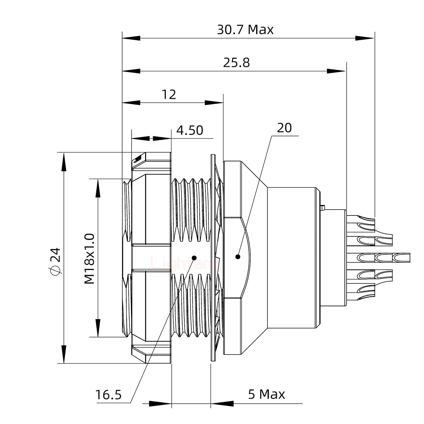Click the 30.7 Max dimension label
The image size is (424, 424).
[x=245, y=30]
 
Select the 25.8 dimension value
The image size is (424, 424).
[x=236, y=63]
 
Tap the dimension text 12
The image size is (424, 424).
[x=169, y=95]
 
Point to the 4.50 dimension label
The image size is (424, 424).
[x=190, y=130]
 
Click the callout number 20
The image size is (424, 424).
[x=284, y=128]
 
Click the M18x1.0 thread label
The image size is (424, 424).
[x=90, y=259]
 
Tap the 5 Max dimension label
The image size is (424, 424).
[x=266, y=394]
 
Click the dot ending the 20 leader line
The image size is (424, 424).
[x=238, y=257]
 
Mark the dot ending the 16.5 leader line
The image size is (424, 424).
[x=194, y=258]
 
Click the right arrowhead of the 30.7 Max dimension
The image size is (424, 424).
[x=365, y=38]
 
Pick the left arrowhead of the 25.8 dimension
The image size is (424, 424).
[x=131, y=71]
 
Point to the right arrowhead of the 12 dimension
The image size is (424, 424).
[x=214, y=103]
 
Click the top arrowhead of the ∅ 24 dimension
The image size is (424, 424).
[x=63, y=162]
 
